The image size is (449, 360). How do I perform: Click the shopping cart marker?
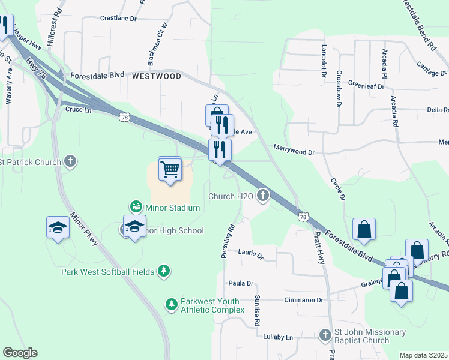(x=170, y=170)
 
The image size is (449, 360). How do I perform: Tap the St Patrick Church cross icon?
(x=71, y=161)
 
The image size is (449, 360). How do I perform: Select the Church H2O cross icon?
(x=262, y=195)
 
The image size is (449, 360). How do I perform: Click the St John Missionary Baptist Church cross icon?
(x=325, y=334)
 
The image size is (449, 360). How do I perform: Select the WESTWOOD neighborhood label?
(x=156, y=76)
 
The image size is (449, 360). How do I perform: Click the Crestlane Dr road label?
(x=119, y=19)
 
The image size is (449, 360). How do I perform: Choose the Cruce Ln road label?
(x=78, y=110)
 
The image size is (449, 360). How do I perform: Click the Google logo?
(x=20, y=352)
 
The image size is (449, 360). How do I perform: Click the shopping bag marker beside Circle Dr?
(x=364, y=229)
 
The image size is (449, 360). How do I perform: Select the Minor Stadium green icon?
(x=137, y=207)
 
